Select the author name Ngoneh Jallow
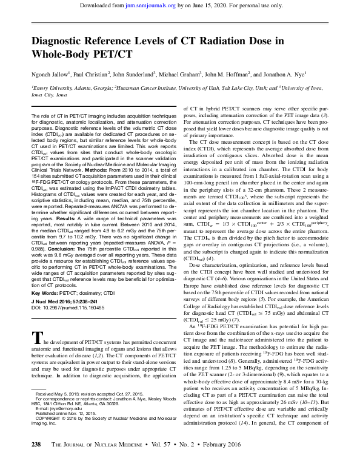[49, 73]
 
